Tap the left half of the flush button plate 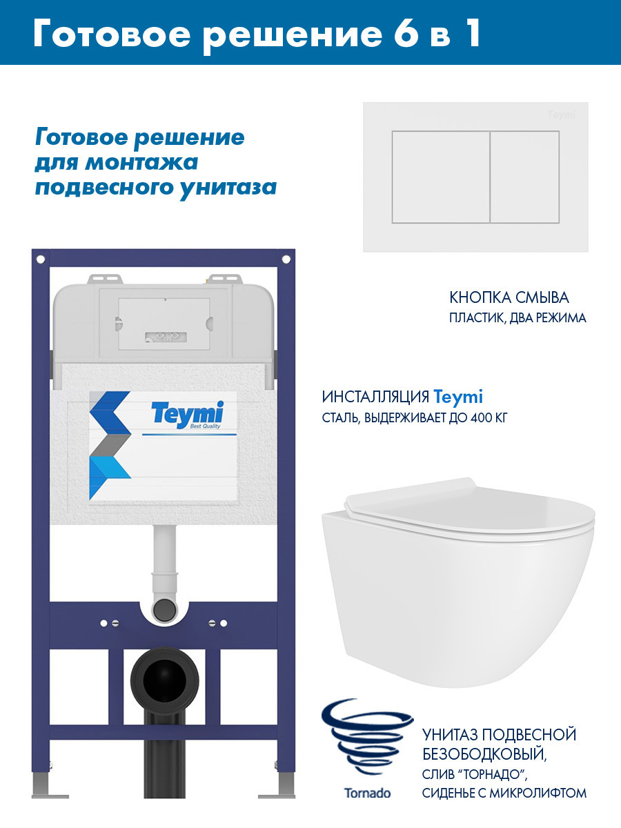click(440, 177)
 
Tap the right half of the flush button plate click(524, 177)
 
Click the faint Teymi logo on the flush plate click(561, 115)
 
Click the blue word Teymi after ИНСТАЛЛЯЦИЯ click(458, 397)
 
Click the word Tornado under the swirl click(367, 793)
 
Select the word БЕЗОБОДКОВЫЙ click(484, 754)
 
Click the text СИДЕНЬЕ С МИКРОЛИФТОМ click(504, 793)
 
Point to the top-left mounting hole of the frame click(40, 259)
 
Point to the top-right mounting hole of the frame click(283, 259)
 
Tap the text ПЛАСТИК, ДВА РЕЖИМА click(518, 319)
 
